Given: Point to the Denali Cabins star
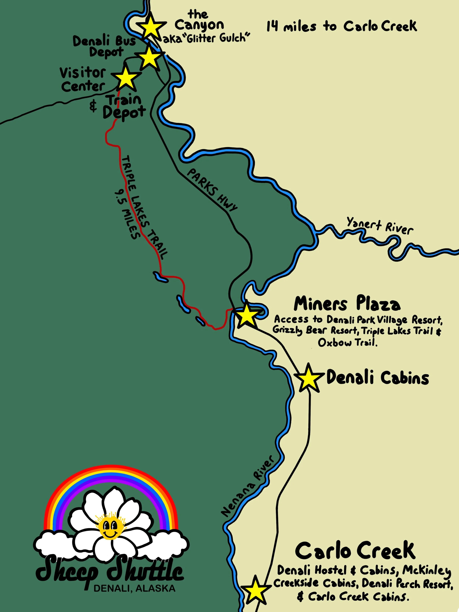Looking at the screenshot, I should tap(308, 378).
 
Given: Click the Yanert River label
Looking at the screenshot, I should tap(380, 225).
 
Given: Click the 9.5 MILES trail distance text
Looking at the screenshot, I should tap(127, 214).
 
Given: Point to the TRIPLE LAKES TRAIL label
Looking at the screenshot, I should tap(144, 207).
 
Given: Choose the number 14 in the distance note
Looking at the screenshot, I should tap(272, 27).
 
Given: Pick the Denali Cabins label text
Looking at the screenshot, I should tap(378, 378).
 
